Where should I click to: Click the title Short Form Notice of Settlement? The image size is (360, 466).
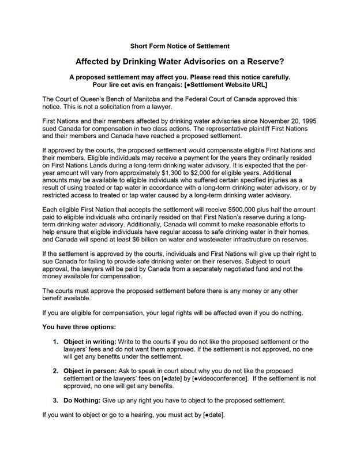click(x=180, y=46)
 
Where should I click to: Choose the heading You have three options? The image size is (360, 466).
click(x=79, y=327)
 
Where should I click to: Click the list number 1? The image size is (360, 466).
click(x=55, y=342)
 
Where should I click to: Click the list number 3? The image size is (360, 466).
click(x=55, y=400)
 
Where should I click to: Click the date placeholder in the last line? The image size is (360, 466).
click(x=213, y=415)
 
